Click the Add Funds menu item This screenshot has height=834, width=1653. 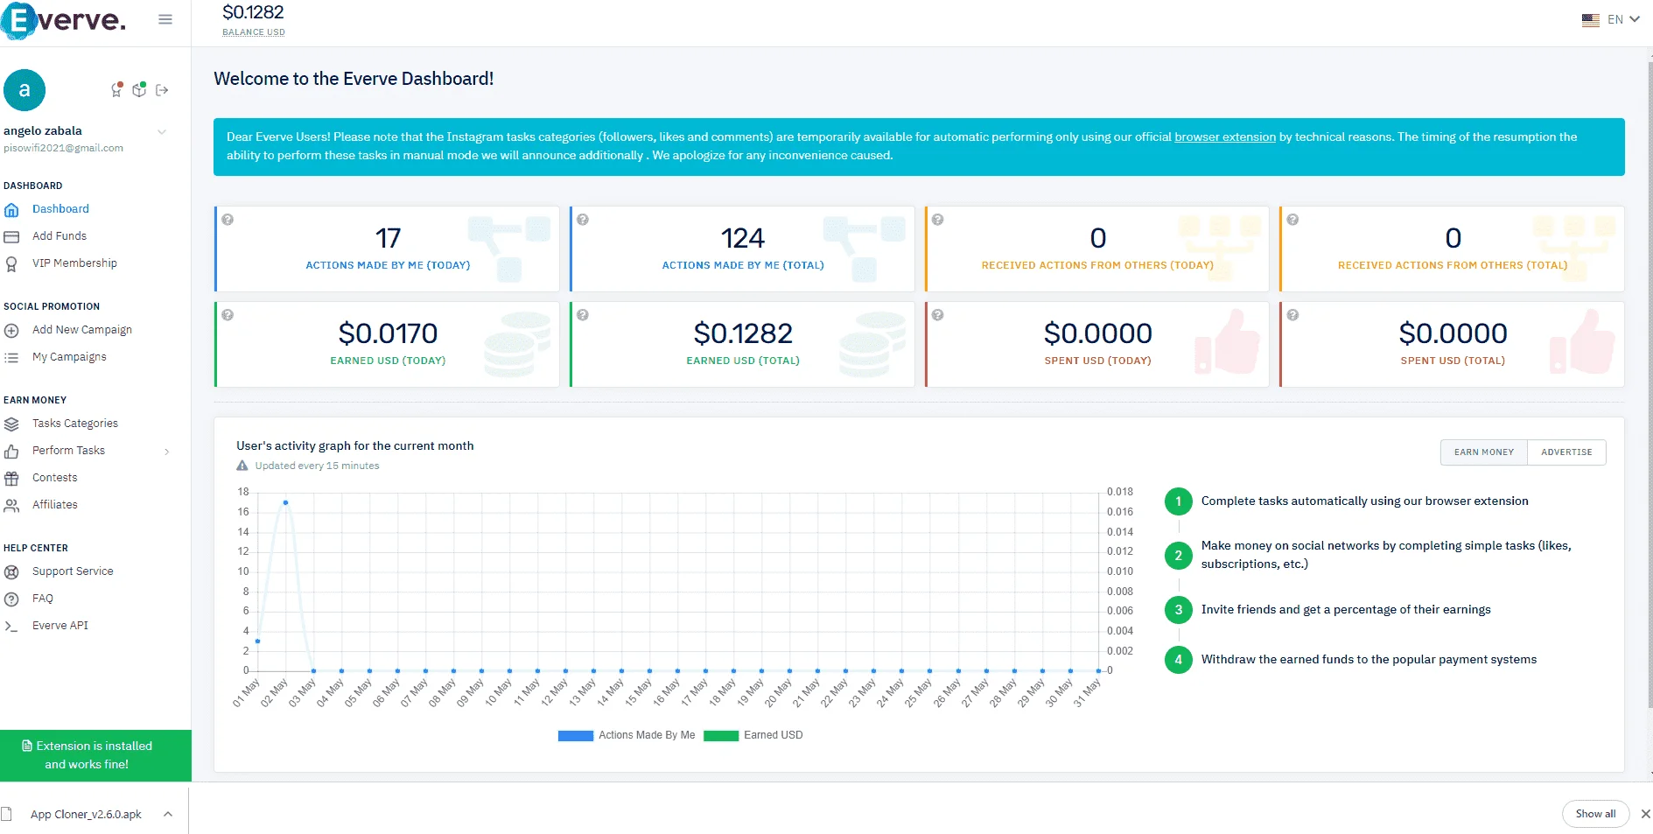click(59, 236)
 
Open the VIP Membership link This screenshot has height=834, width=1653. click(74, 263)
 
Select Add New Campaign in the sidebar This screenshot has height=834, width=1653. click(81, 330)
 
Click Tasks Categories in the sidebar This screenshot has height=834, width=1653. click(74, 424)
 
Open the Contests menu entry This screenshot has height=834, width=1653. click(54, 478)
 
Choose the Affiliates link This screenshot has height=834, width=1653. click(54, 505)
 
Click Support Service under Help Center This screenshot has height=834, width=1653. click(73, 571)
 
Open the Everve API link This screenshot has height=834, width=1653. click(60, 626)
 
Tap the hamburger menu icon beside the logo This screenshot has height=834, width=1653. click(165, 19)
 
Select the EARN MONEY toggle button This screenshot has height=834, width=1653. click(1484, 452)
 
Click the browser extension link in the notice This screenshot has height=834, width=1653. click(1225, 137)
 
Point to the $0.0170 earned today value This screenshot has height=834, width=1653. click(388, 333)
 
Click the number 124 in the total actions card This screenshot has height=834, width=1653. click(743, 238)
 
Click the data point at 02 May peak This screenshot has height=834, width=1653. click(285, 502)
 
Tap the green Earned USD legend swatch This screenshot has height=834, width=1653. click(721, 736)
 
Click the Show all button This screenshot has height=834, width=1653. click(1595, 814)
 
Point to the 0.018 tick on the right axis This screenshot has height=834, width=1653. click(1119, 492)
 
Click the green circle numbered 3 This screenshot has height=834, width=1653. click(1179, 610)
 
